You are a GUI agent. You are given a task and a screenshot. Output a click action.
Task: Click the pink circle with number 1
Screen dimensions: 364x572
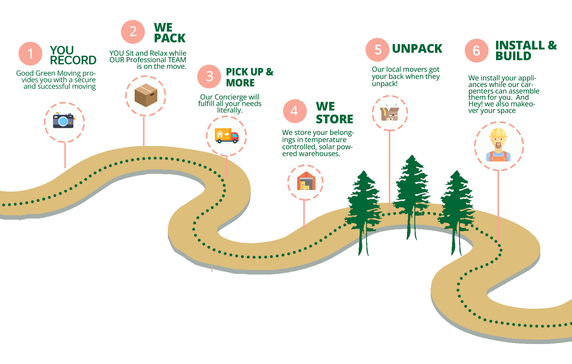click(30, 54)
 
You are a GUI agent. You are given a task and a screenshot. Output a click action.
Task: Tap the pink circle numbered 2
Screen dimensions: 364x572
click(133, 32)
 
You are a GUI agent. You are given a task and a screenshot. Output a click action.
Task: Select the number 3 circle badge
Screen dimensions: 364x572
click(209, 77)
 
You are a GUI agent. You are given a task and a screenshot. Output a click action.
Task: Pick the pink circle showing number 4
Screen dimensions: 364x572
click(295, 111)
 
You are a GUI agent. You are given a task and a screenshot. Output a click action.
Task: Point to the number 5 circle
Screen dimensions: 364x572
click(377, 49)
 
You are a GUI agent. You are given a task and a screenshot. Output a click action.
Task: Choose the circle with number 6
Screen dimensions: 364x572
click(476, 51)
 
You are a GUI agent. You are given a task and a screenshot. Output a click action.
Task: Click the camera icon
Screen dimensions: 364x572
click(63, 121)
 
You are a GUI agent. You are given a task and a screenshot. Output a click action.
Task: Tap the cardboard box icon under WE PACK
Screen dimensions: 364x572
click(146, 95)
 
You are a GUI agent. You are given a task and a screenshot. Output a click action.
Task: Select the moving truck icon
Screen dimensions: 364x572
click(226, 136)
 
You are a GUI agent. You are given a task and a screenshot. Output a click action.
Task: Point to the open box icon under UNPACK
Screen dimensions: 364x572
click(389, 113)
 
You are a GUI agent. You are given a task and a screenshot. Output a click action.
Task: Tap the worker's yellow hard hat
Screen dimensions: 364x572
click(498, 132)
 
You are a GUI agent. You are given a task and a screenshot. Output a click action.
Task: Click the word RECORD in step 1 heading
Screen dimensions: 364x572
click(73, 60)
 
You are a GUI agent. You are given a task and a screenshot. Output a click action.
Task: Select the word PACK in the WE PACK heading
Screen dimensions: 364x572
click(170, 38)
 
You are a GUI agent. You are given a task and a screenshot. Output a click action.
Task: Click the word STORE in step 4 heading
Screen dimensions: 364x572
click(335, 119)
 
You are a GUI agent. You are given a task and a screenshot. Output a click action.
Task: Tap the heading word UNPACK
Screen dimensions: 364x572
click(417, 49)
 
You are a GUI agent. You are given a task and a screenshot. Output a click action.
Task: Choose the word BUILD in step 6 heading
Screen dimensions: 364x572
click(513, 56)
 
